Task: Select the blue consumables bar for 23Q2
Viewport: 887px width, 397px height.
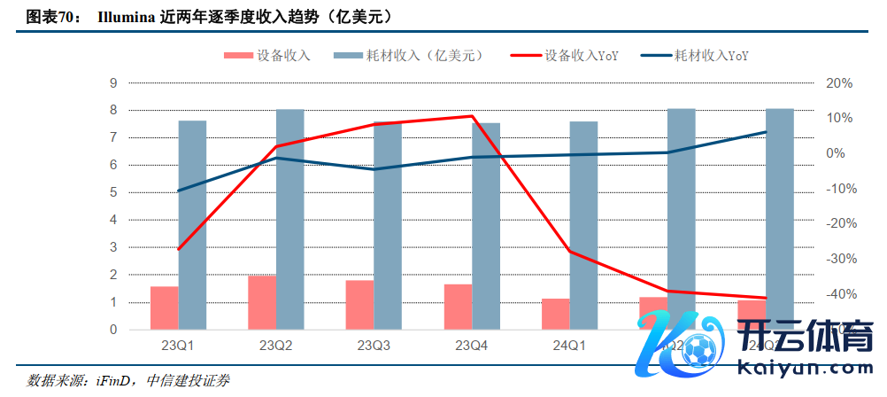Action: point(289,220)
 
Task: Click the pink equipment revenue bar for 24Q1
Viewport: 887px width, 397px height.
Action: point(556,315)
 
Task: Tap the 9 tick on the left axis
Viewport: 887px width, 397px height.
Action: point(113,83)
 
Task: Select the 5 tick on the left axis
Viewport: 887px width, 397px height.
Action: point(113,193)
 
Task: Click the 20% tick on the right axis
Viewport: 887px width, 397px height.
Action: point(837,83)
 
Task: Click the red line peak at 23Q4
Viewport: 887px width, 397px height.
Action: point(472,116)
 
